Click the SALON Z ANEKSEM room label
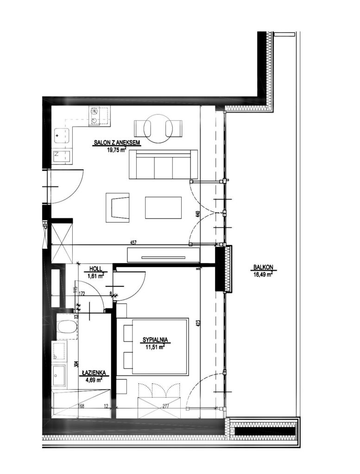[117, 143]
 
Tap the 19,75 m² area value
[116, 149]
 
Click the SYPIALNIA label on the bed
[155, 340]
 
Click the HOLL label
[95, 269]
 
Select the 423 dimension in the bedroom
[198, 324]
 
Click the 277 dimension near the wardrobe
[165, 406]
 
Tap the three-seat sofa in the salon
[164, 164]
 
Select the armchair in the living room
[118, 208]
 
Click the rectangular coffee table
[164, 208]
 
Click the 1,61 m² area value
[95, 275]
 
